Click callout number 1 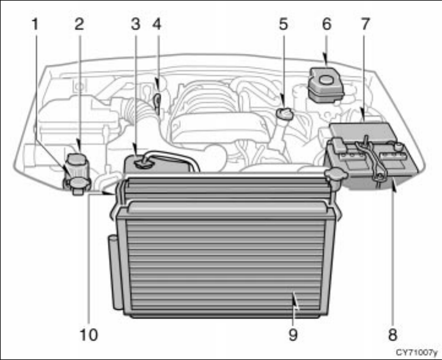tap(35, 25)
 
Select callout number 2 tap(79, 25)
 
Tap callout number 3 tap(136, 25)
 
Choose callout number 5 tap(282, 25)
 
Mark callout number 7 tap(366, 25)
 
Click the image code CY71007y tap(416, 353)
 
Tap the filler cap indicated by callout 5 tap(283, 114)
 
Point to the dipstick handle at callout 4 tap(157, 98)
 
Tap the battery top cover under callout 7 tap(361, 131)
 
